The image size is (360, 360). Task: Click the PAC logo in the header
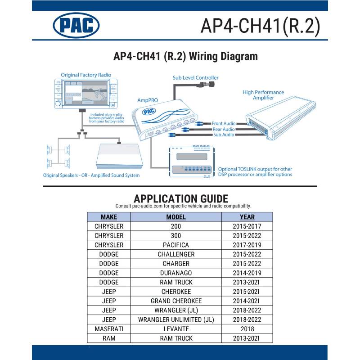tap(76, 25)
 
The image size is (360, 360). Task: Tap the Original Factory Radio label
tap(86, 75)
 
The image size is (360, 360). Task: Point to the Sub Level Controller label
tap(195, 78)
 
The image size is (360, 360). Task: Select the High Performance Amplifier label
tap(263, 95)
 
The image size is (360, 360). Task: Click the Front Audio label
tap(223, 123)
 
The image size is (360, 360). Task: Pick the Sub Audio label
tap(224, 135)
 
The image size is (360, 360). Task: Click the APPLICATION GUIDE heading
tap(181, 198)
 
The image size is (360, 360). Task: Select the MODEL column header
tap(176, 217)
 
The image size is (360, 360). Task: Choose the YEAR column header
tap(247, 217)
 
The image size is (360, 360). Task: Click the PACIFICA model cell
tap(176, 245)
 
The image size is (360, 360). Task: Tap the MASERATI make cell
tap(108, 329)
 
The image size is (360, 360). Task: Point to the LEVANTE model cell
tap(176, 329)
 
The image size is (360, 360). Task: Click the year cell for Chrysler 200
tap(247, 226)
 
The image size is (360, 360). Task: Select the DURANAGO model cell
tap(176, 273)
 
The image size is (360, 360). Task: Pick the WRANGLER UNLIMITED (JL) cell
tap(176, 319)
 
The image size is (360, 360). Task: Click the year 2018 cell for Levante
tap(247, 329)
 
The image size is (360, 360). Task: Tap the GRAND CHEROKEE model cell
tap(176, 301)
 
